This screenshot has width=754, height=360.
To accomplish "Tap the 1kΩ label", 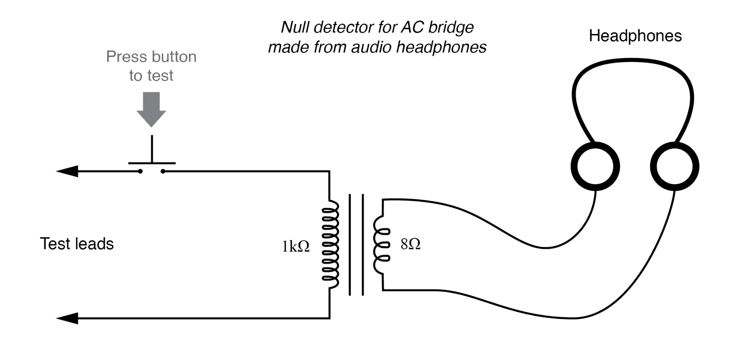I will [x=296, y=247].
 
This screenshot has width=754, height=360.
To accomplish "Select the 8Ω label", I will [x=410, y=244].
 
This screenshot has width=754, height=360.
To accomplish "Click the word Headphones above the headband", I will [x=635, y=36].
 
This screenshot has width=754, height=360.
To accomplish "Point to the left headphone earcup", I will [x=595, y=167].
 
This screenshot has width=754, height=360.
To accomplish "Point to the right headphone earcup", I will [x=674, y=167].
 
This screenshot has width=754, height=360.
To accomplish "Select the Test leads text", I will [x=77, y=244].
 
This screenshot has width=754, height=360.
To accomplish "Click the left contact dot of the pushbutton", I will [x=140, y=172].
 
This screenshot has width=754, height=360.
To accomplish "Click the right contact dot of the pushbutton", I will [x=163, y=172].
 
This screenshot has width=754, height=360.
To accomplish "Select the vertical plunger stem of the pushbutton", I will [x=152, y=149].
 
